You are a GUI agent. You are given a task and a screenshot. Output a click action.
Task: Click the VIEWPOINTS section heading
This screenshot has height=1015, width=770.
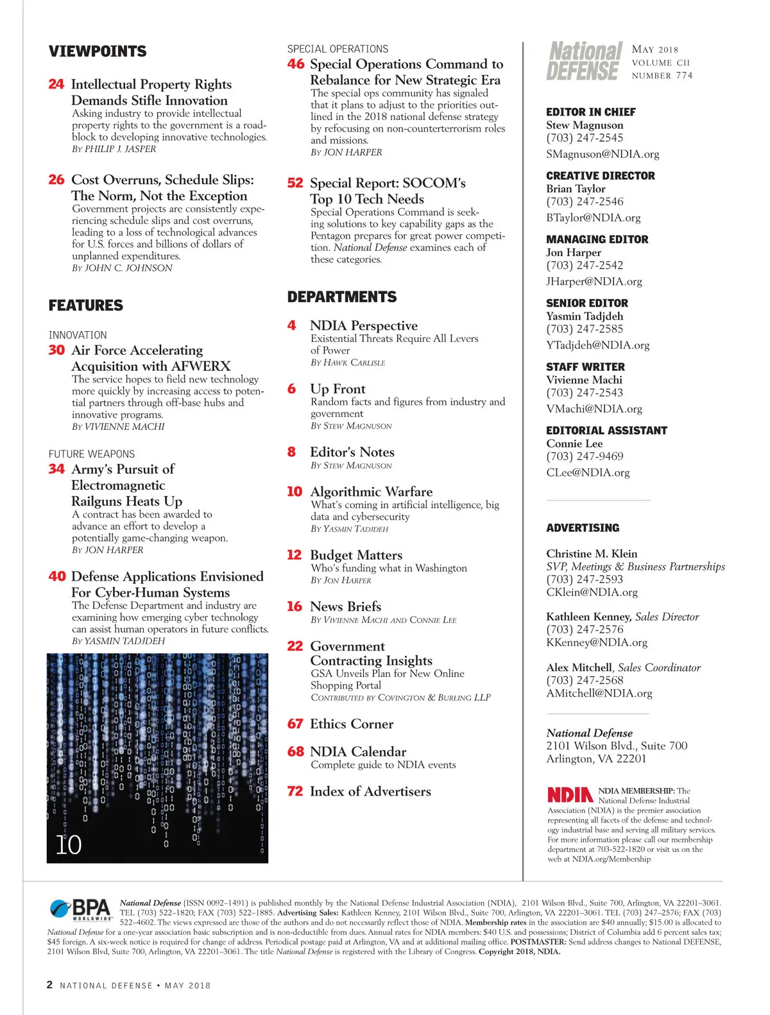click(x=98, y=51)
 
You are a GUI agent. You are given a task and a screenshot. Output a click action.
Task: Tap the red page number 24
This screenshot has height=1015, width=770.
click(x=56, y=84)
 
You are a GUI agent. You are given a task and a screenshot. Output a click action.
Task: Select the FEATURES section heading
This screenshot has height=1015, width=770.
click(x=86, y=305)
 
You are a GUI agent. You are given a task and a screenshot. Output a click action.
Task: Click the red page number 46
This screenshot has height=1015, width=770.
click(x=296, y=64)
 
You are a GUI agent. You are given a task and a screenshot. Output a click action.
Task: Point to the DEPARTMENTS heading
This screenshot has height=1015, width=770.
click(x=342, y=297)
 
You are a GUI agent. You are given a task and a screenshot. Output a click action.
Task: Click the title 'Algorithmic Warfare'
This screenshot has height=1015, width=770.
click(x=371, y=492)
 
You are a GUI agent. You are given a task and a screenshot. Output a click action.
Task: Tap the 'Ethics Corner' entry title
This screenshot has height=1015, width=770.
click(x=352, y=724)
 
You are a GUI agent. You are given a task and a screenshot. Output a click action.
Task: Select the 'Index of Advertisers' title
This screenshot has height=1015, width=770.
click(x=370, y=791)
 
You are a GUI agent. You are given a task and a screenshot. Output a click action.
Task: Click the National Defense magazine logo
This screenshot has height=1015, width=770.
click(x=584, y=62)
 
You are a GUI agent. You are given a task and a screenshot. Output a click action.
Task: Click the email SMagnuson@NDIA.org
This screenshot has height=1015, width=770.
click(x=603, y=154)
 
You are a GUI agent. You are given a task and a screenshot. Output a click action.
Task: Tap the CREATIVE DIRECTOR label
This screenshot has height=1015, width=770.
click(x=601, y=176)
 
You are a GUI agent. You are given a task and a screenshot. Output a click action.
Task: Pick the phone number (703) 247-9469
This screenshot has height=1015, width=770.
click(x=585, y=456)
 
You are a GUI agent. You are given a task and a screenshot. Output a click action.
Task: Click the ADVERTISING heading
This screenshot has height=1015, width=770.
click(x=583, y=528)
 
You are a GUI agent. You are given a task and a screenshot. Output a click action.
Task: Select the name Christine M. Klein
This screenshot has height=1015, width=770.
click(x=592, y=554)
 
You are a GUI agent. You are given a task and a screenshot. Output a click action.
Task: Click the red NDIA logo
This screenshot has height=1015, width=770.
click(x=570, y=795)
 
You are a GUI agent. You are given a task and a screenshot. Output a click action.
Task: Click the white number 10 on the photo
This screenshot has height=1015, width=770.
click(x=69, y=845)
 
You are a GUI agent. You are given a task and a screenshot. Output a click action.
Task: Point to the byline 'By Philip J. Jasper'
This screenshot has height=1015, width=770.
click(x=114, y=149)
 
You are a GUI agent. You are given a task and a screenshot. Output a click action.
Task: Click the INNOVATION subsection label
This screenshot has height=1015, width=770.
click(x=78, y=335)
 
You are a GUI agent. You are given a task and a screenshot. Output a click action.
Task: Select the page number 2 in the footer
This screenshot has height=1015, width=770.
click(x=49, y=985)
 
